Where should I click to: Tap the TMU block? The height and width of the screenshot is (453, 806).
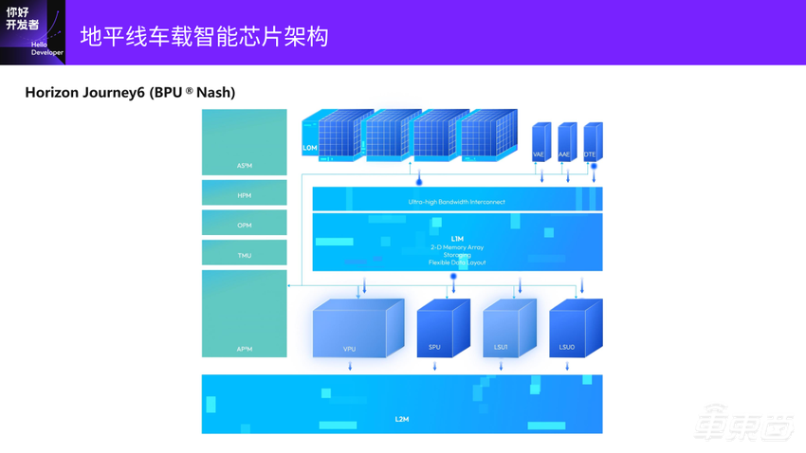pos(244,253)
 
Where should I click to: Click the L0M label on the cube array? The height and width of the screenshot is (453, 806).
pos(310,148)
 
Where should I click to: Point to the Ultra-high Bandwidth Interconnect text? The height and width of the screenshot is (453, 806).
pos(457,202)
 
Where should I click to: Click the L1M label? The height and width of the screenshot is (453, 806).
pos(457,239)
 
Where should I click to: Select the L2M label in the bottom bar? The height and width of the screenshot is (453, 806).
pos(402,419)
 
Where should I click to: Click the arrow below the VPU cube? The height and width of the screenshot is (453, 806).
pos(351,366)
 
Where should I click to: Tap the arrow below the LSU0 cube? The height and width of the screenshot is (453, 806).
pos(568,366)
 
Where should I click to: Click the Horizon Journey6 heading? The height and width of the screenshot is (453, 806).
pos(130,92)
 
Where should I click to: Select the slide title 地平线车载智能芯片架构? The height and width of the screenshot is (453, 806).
pos(204,37)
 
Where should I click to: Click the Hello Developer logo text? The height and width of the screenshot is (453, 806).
pos(46,48)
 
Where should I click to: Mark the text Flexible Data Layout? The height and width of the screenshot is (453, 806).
pos(457,263)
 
